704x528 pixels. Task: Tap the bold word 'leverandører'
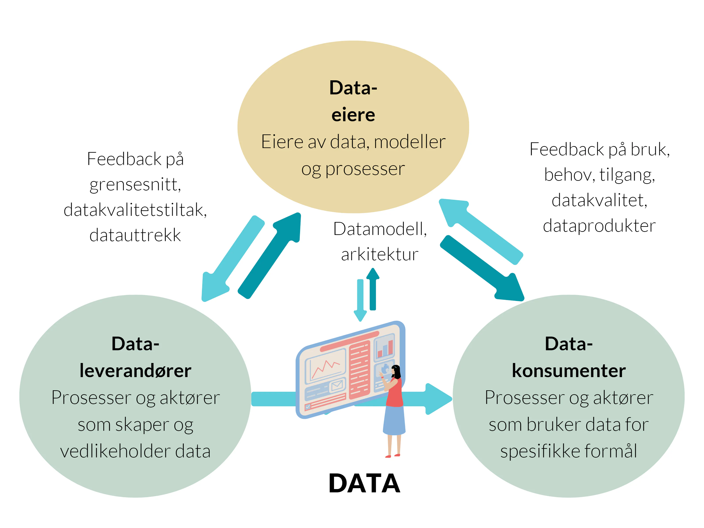[x=135, y=371]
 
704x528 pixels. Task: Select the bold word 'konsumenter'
[x=568, y=371]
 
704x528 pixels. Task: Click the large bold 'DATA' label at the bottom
[x=364, y=483]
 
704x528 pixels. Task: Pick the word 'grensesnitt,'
[x=135, y=185]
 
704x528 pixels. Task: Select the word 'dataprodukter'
[x=599, y=226]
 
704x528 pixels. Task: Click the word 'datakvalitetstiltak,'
[x=135, y=210]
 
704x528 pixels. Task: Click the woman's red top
[x=395, y=393]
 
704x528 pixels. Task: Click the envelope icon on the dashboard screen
[x=337, y=386]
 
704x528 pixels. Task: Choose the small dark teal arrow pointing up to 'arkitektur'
[x=373, y=290]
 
